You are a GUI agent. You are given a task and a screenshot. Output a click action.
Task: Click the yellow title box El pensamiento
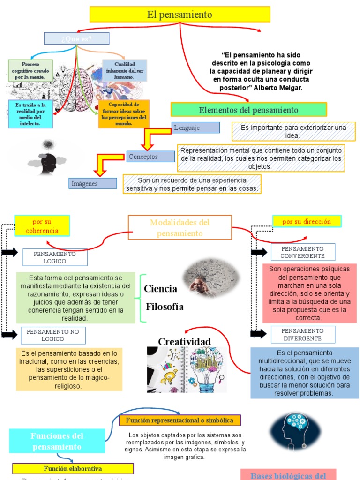(180, 15)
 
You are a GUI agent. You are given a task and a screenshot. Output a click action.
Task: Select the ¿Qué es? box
(76, 38)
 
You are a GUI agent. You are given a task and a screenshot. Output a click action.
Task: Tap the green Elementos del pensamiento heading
(248, 110)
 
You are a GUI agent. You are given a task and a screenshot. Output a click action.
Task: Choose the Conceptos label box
(150, 157)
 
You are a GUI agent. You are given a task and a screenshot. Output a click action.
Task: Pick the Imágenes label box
(93, 183)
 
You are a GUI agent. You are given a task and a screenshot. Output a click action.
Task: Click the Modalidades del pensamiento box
(180, 227)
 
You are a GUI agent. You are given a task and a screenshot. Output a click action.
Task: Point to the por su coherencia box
(42, 226)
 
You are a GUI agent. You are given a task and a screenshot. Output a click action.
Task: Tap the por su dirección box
(307, 221)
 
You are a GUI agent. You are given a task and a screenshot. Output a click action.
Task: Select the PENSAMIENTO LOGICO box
(55, 257)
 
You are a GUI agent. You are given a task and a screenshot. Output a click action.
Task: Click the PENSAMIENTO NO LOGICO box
(53, 335)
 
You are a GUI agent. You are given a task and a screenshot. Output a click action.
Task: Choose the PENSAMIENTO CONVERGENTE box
(302, 252)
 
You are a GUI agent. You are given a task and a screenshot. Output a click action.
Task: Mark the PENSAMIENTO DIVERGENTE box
(302, 334)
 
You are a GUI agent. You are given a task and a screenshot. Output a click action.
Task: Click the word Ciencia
(160, 289)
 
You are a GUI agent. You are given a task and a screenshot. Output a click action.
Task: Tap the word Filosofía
(165, 307)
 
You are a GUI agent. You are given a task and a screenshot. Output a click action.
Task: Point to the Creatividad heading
(184, 341)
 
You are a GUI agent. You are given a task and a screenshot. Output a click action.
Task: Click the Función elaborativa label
(73, 468)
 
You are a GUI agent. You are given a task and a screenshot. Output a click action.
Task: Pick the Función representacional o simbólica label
(180, 420)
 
